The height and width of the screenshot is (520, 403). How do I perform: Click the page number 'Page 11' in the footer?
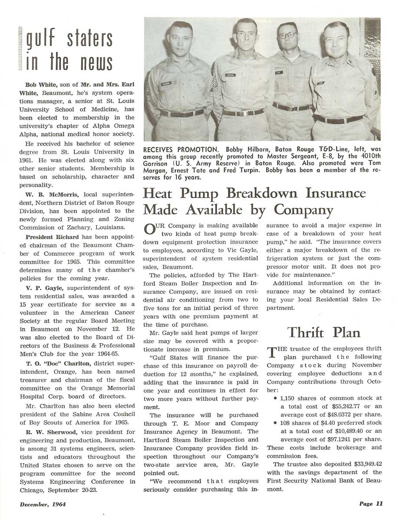(370, 504)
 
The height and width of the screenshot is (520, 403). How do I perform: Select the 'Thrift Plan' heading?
(324, 332)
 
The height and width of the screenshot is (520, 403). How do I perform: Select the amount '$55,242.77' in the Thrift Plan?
(336, 406)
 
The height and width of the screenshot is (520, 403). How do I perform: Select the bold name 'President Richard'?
(52, 237)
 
